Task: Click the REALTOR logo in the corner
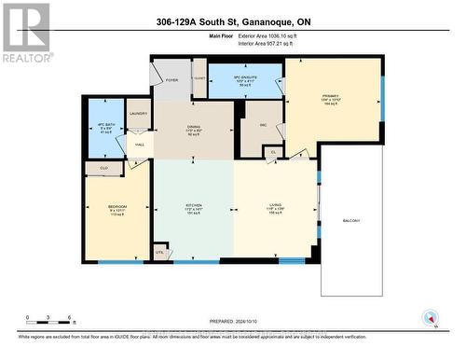(x=26, y=33)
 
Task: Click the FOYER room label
(x=171, y=80)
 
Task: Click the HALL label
(x=139, y=145)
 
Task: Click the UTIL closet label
(x=159, y=252)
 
